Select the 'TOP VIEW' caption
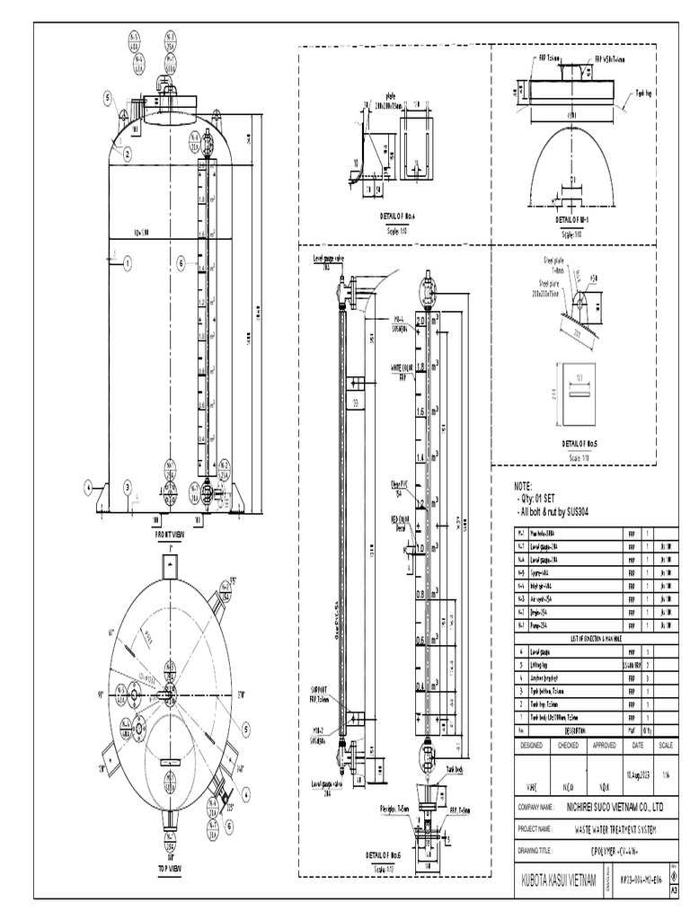174,869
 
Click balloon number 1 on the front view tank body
128,263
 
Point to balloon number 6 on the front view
181,263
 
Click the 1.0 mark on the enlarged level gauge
420,548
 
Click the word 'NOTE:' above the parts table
522,485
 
